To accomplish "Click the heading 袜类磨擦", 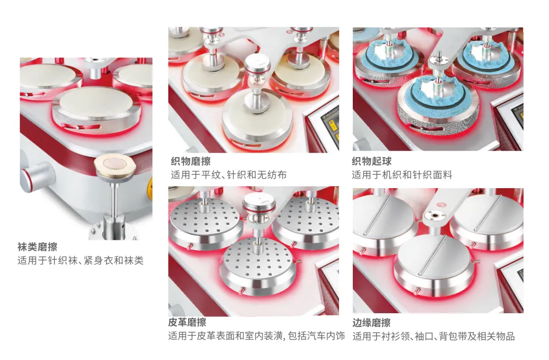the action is pos(38,247).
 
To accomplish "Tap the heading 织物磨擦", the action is pos(191,161).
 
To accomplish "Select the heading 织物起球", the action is pos(372,161).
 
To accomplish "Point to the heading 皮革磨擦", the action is pos(187,322).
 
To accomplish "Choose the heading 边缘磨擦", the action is pos(372,322).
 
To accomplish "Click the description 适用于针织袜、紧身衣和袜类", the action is pos(80,260).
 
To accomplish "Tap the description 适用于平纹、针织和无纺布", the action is pos(229,175).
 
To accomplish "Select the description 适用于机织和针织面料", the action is pos(402,175).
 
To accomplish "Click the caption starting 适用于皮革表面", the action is pos(256,336).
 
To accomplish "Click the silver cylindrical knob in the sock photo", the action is pos(38,177).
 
